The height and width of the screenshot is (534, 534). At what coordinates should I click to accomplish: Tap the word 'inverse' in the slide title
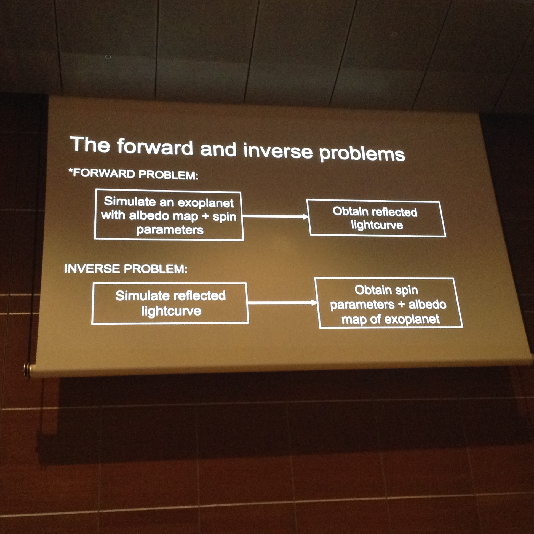tap(278, 150)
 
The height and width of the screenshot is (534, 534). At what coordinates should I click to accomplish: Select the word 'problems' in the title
tap(362, 153)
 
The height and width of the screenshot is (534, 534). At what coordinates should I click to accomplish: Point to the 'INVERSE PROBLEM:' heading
tap(126, 268)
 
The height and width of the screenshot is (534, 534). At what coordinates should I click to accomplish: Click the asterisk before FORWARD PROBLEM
tap(71, 170)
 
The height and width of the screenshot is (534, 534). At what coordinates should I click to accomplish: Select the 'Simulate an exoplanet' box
tap(169, 215)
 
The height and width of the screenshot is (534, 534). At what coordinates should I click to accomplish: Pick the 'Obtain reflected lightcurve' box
tap(376, 218)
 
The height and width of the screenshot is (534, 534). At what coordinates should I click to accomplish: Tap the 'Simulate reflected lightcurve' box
tap(170, 303)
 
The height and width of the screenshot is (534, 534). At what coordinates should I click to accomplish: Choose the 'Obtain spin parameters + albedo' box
tap(389, 303)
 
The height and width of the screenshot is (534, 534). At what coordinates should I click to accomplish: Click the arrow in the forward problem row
tap(276, 216)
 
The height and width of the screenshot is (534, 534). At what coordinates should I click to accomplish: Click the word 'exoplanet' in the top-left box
tap(206, 203)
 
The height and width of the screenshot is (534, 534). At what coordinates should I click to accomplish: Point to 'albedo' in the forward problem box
tap(149, 216)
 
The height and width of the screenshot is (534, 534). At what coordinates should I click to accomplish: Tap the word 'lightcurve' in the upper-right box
tap(377, 225)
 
